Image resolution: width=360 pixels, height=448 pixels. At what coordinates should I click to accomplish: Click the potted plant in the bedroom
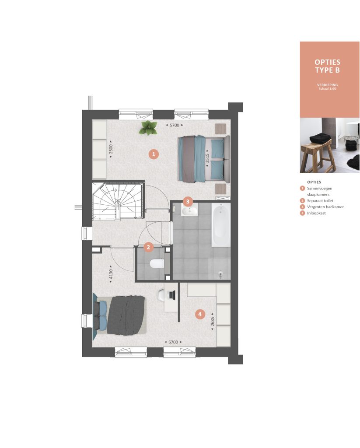click(148, 127)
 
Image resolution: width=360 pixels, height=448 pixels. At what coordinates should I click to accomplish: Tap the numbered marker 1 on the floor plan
click(154, 154)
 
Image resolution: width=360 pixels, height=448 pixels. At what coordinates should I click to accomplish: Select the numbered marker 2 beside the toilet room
click(148, 247)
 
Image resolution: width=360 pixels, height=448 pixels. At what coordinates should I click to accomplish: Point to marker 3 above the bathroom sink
click(187, 201)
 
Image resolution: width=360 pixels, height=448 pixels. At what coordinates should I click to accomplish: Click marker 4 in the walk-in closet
click(200, 314)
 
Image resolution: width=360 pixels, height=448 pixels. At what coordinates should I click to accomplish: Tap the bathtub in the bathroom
click(221, 225)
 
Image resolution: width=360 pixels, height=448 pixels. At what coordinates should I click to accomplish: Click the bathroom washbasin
click(190, 211)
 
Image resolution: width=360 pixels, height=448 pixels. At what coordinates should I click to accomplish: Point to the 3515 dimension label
click(208, 158)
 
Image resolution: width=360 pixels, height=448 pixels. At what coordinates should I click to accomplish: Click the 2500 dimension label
click(111, 149)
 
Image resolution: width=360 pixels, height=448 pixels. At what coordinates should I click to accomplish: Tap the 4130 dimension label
click(111, 274)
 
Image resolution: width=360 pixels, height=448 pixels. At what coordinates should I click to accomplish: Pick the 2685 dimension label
click(212, 322)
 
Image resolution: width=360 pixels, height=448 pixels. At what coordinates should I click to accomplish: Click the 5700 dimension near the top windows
click(174, 125)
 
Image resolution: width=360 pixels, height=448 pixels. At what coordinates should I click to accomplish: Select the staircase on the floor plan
click(118, 201)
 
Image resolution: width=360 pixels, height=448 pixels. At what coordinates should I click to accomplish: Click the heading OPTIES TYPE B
click(328, 66)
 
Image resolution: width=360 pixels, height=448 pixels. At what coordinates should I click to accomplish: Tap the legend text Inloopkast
click(316, 213)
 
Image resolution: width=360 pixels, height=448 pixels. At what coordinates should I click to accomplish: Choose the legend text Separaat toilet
click(320, 201)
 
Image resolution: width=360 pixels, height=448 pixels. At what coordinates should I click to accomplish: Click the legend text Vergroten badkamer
click(325, 207)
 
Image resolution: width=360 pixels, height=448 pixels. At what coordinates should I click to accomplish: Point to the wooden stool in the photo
click(317, 157)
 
